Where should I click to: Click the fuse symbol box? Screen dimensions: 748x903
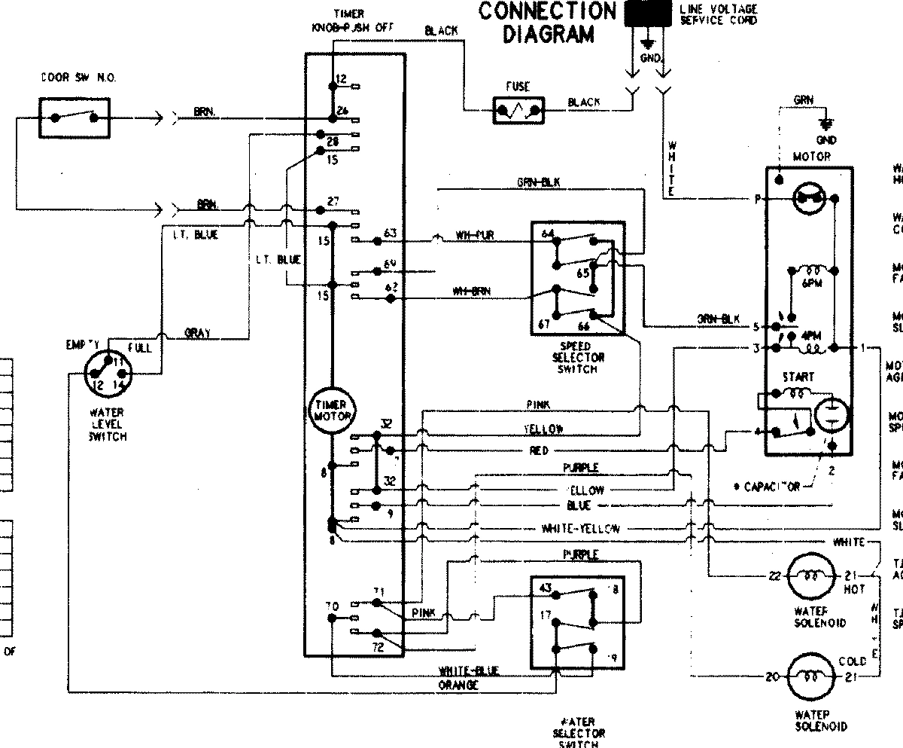[518, 111]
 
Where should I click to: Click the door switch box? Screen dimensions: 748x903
[73, 117]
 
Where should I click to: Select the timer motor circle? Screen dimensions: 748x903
[332, 412]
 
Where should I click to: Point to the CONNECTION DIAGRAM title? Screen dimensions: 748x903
[547, 22]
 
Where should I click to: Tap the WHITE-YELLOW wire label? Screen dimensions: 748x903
[580, 529]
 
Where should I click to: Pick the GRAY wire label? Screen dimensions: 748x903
[197, 333]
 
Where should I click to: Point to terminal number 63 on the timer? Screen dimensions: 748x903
[389, 232]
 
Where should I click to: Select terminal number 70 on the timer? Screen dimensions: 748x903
[332, 606]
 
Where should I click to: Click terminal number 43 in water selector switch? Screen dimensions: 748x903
[546, 588]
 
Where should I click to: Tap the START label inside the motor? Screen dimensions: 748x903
[798, 377]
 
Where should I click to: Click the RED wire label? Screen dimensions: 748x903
[539, 450]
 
